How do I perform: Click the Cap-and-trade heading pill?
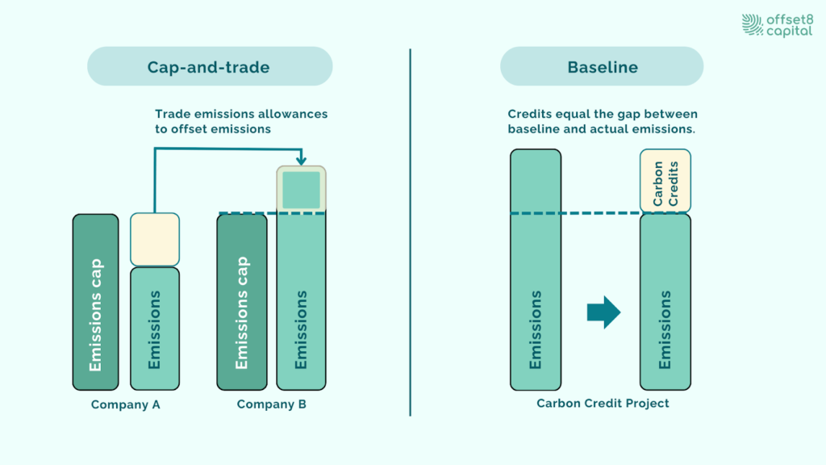(209, 67)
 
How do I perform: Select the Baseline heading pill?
(602, 67)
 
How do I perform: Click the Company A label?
(125, 404)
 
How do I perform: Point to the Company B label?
(271, 404)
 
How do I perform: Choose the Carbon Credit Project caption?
(603, 403)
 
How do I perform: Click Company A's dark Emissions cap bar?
(96, 303)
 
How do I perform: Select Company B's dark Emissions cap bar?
(242, 303)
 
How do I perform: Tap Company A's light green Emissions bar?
(155, 329)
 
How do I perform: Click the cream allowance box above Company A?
(155, 239)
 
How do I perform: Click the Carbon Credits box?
(665, 181)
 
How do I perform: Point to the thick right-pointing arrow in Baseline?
(603, 312)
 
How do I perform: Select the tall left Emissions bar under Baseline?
(536, 270)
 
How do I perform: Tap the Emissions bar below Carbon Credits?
(665, 302)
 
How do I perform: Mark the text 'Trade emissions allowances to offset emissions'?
(241, 122)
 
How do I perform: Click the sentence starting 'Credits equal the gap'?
(603, 122)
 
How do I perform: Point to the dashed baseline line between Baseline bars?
(600, 213)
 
